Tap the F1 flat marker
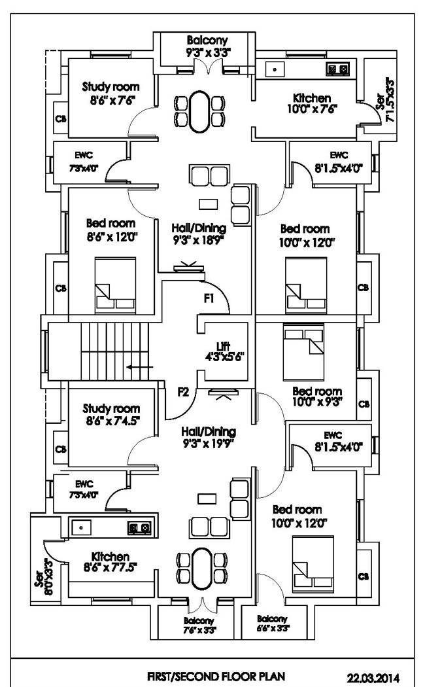[x=209, y=299]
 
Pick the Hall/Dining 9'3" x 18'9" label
[x=199, y=234]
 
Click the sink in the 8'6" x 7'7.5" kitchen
[x=82, y=526]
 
